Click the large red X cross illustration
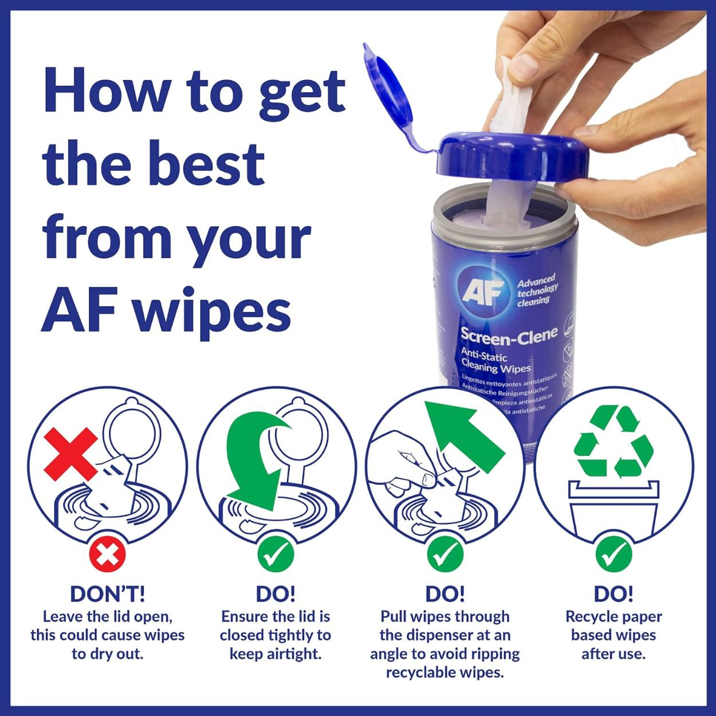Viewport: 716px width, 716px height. pos(71,454)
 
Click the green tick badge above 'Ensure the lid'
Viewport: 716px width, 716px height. pos(276,553)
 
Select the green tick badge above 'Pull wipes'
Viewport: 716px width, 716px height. pos(444,553)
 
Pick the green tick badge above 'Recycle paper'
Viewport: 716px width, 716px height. pos(613,553)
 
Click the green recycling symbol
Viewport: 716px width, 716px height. pos(613,442)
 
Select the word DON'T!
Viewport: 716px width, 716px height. pos(107,594)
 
